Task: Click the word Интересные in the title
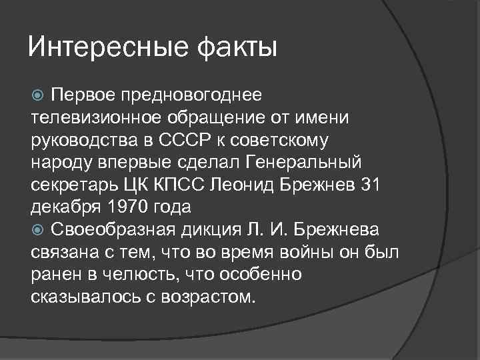click(107, 48)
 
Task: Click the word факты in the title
click(236, 48)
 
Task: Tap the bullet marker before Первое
click(37, 95)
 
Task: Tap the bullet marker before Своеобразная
click(37, 231)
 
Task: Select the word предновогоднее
click(191, 95)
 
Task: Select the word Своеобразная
click(117, 231)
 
